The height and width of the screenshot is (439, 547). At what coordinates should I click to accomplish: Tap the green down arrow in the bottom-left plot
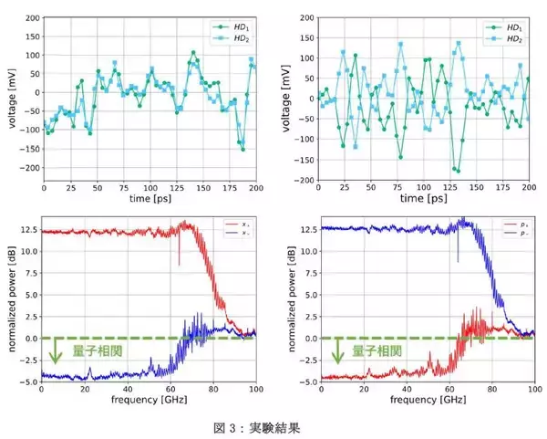(56, 351)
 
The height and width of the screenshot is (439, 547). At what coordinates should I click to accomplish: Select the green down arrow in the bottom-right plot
(338, 351)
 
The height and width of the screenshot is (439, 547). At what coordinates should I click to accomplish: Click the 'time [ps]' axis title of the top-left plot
(150, 199)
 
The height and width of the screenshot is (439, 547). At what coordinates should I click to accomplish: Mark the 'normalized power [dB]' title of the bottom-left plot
(11, 301)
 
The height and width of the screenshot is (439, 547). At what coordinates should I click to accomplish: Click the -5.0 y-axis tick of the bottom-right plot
(304, 381)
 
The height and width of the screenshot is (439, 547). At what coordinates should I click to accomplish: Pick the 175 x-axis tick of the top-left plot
(228, 190)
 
